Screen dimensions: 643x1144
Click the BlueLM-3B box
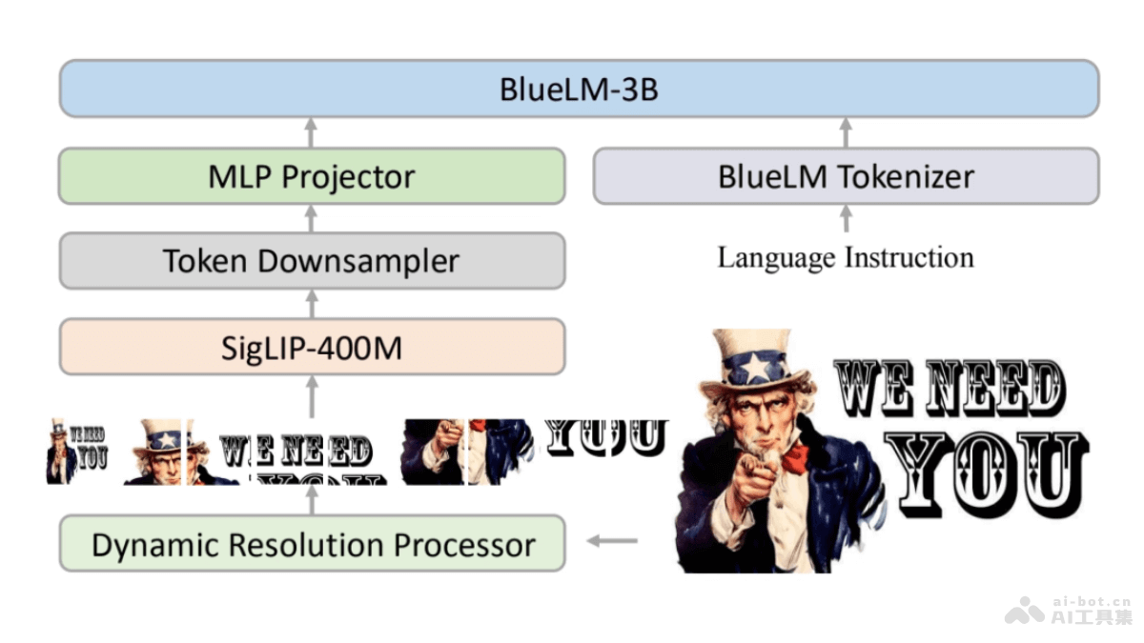(579, 90)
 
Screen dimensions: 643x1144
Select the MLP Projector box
(312, 176)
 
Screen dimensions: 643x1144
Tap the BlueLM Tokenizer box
(846, 176)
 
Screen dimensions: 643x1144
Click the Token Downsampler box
(312, 261)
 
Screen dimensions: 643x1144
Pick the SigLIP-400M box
(312, 347)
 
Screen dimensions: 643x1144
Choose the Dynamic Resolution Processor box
(312, 545)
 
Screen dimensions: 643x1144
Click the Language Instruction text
(846, 258)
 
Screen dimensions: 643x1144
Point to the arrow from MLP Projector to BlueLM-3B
(310, 132)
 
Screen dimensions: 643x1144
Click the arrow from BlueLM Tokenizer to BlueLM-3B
(845, 132)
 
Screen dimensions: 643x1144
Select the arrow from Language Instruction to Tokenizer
(845, 219)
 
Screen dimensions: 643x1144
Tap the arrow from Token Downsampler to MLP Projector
(310, 218)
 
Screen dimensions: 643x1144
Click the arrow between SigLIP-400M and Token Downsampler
(310, 303)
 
